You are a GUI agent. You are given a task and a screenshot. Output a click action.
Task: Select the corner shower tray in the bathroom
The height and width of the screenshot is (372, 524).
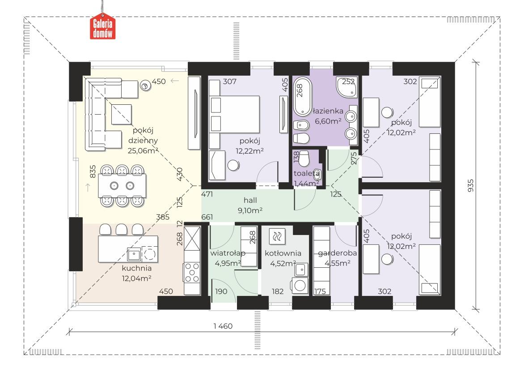point(347,88)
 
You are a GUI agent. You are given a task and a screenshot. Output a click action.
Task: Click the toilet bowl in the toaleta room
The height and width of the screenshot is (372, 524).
point(304,158)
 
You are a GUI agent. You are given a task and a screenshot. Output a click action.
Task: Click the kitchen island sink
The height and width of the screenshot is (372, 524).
point(134,254)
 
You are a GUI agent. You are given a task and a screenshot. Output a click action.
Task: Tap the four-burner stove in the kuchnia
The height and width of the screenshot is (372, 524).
point(192,273)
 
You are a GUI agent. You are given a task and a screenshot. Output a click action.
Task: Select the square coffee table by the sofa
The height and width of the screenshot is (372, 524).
point(121,114)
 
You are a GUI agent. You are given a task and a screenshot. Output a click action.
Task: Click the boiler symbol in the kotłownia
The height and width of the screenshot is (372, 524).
point(277,237)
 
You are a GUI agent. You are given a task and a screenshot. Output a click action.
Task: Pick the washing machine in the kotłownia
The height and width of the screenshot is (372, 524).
point(300,285)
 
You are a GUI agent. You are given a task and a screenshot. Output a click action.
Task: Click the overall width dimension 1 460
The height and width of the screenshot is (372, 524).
point(223,326)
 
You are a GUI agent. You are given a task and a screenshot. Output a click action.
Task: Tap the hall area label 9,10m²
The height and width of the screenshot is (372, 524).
point(250,210)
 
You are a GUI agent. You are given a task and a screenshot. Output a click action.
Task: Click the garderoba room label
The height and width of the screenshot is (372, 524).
point(337,253)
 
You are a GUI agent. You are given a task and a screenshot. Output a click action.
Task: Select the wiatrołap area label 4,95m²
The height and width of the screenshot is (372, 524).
point(228,263)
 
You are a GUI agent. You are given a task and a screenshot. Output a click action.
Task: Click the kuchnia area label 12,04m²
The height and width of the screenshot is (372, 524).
point(136,278)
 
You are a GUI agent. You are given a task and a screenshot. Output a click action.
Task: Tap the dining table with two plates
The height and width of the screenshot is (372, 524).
point(122,185)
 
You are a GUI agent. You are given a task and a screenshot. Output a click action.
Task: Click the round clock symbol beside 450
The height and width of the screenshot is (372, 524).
point(145,86)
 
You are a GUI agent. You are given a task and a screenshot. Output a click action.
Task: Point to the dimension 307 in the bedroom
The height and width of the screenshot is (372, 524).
point(229,81)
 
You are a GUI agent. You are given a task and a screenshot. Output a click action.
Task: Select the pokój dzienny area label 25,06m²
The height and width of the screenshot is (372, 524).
point(143,150)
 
